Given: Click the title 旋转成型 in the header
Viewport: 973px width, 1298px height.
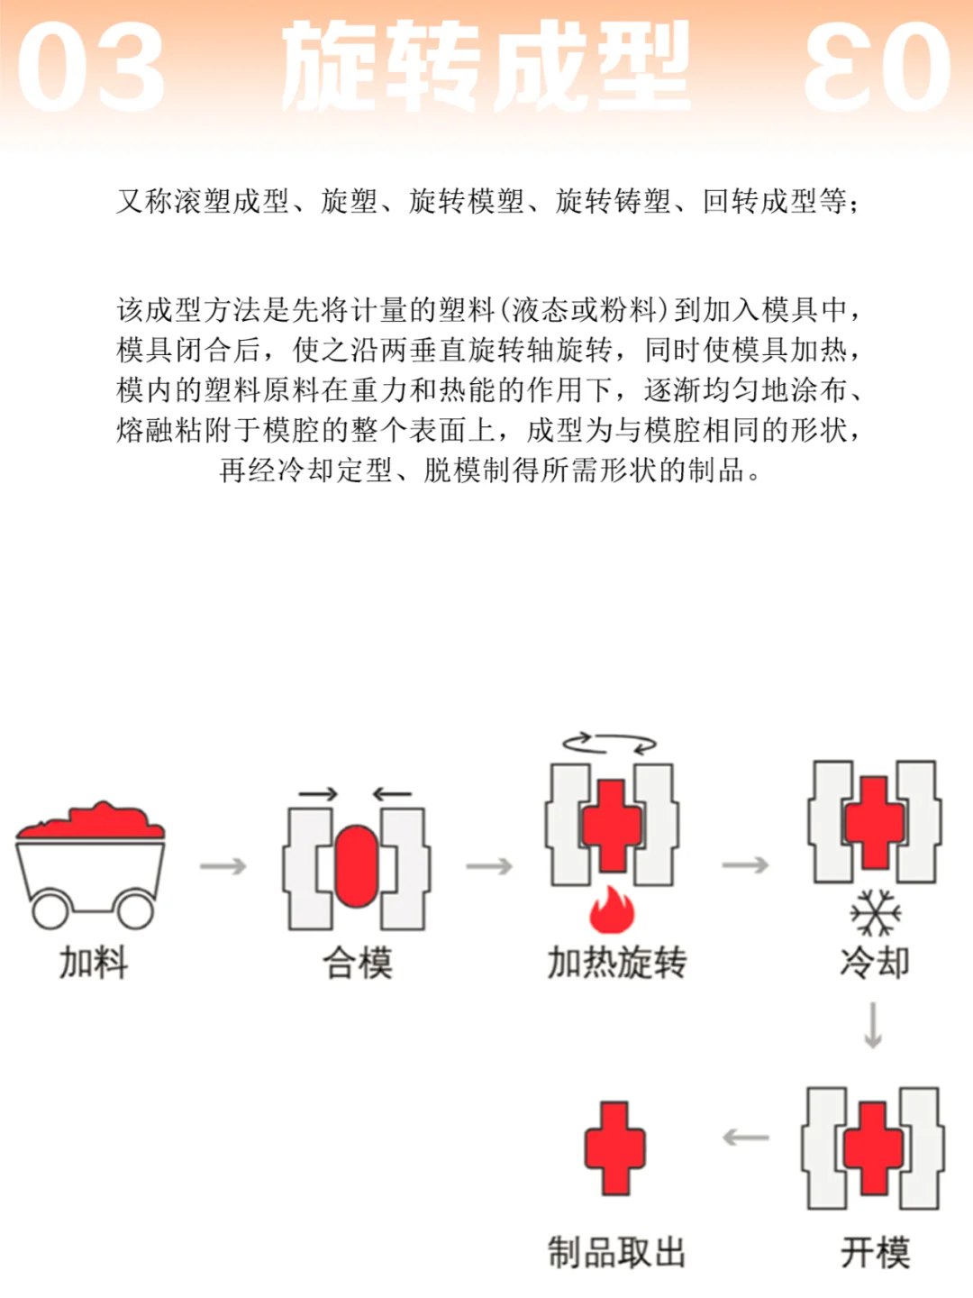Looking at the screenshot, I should (x=486, y=68).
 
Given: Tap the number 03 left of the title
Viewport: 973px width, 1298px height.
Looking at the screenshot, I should (x=90, y=68).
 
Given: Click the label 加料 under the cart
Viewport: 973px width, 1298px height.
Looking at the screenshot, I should (x=94, y=963).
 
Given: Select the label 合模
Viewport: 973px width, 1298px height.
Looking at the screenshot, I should (x=358, y=963).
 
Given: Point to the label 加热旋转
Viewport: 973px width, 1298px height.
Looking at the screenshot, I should (x=617, y=963).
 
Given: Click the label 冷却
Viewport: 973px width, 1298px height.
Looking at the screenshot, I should (x=874, y=963).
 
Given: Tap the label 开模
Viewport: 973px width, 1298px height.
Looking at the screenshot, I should (x=875, y=1252).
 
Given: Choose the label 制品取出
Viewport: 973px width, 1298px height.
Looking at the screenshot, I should (x=617, y=1252).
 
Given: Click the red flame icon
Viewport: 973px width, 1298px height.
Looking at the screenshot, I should (x=613, y=910).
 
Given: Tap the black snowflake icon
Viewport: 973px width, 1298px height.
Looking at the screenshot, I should (x=875, y=912).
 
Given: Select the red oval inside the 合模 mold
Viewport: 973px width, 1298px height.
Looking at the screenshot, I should (x=356, y=866).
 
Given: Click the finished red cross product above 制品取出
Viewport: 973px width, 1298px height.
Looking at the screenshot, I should (x=614, y=1147).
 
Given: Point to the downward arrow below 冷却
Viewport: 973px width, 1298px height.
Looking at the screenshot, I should (x=872, y=1025).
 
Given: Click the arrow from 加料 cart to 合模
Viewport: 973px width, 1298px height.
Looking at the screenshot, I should (x=223, y=866).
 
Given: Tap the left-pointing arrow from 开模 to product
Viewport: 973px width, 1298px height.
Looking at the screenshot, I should (x=746, y=1138).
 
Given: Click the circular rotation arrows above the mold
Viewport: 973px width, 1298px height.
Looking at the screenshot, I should (x=610, y=744).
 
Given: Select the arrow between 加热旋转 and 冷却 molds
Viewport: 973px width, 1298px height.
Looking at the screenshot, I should (x=746, y=865).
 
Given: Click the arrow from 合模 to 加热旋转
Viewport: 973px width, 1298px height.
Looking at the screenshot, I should (x=489, y=866).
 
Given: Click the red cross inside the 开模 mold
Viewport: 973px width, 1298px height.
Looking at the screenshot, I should (x=873, y=1147).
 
